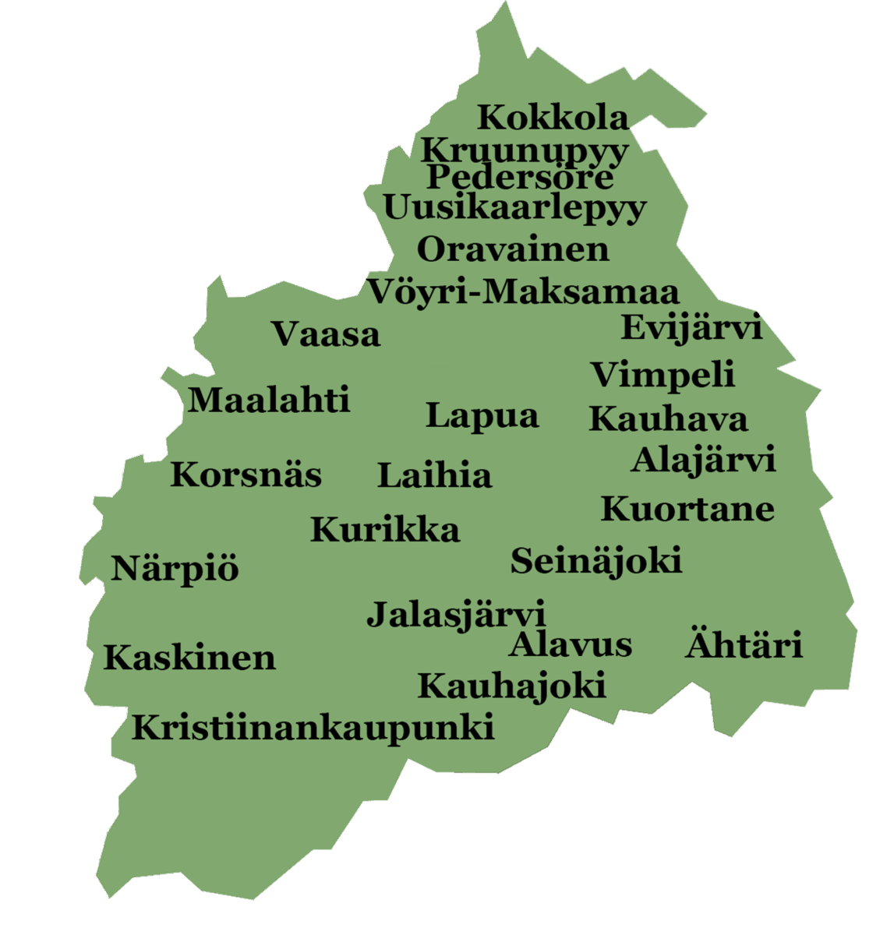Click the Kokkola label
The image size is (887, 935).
(553, 118)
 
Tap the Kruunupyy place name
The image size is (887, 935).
(525, 149)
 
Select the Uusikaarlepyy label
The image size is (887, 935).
(514, 208)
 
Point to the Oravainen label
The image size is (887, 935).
(513, 249)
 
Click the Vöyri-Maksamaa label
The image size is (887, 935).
(523, 292)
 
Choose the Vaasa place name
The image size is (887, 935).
(326, 334)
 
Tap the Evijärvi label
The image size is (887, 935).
(691, 328)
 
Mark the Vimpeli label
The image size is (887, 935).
(663, 376)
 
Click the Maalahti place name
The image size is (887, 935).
(269, 400)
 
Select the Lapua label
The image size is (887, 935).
(482, 416)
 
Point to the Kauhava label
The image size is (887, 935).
(668, 419)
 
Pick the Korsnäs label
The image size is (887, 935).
(246, 475)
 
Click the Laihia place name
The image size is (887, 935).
(434, 475)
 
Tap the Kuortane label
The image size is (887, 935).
(687, 509)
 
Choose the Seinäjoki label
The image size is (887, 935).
(596, 561)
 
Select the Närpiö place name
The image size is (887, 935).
(175, 569)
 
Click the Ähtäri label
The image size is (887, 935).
(744, 645)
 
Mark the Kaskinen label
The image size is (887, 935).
(189, 658)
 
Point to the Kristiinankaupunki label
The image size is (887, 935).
(313, 729)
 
